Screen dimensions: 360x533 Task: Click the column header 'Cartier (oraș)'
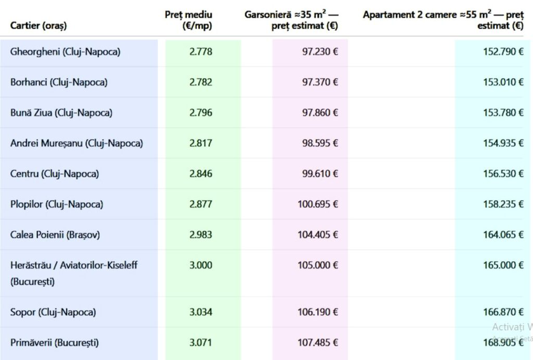(x=38, y=26)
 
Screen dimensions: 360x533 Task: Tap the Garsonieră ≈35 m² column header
(x=291, y=20)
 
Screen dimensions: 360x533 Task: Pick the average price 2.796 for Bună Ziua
(x=201, y=113)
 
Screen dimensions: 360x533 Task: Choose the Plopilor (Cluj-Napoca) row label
(x=57, y=204)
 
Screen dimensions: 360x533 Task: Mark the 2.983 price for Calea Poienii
(x=201, y=234)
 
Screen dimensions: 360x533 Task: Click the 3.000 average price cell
(x=201, y=265)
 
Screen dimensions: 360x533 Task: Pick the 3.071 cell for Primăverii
(x=201, y=342)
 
